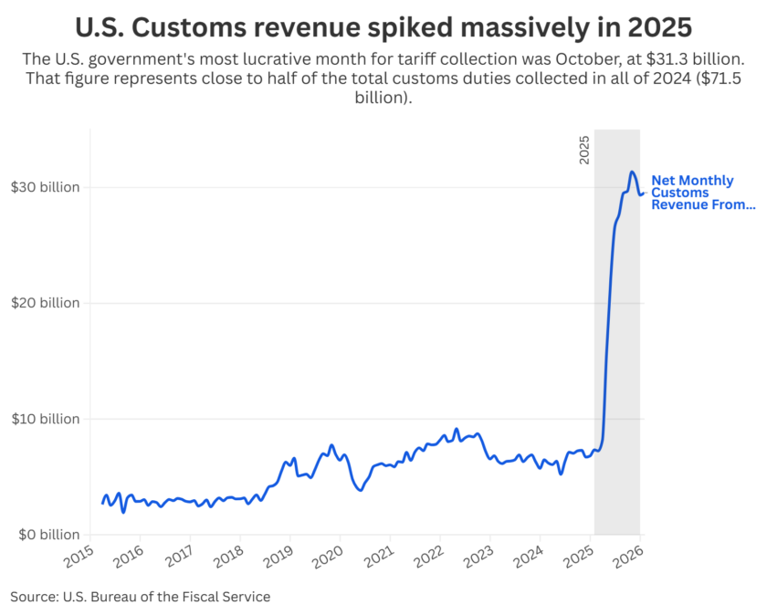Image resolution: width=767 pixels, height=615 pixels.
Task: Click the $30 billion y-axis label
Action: click(45, 187)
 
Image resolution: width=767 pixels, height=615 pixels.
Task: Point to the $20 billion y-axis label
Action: click(45, 303)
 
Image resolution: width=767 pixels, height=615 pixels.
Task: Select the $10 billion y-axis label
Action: click(45, 419)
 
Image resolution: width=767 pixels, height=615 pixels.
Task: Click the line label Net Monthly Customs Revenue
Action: click(702, 193)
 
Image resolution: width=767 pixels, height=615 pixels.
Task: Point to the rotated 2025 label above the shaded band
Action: click(585, 148)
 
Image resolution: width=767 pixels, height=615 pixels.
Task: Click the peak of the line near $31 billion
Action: click(631, 172)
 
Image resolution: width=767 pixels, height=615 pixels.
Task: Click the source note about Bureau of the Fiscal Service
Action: click(141, 597)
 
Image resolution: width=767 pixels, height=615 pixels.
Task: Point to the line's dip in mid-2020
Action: click(360, 490)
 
